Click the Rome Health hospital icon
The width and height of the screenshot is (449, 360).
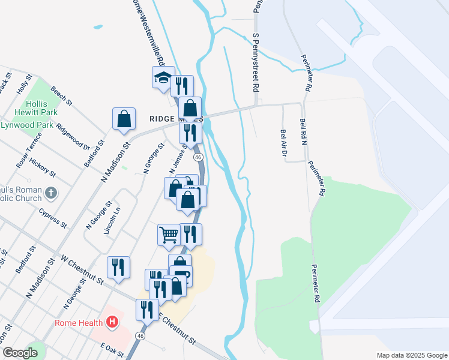(111, 323)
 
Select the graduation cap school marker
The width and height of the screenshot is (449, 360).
(163, 77)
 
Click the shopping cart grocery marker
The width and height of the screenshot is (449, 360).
(169, 235)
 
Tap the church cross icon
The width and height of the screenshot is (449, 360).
(52, 194)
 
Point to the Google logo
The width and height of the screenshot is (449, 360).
(20, 353)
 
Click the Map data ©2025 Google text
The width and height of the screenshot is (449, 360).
(411, 355)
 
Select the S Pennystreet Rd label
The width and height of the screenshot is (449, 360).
(256, 62)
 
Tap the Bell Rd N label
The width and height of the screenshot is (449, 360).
(303, 132)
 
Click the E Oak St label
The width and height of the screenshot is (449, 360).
(112, 350)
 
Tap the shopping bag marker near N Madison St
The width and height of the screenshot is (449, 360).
(124, 118)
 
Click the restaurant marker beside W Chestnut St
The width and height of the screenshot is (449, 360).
(118, 268)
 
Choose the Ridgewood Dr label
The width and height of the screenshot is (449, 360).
(73, 136)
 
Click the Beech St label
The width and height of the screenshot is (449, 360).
(62, 96)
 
